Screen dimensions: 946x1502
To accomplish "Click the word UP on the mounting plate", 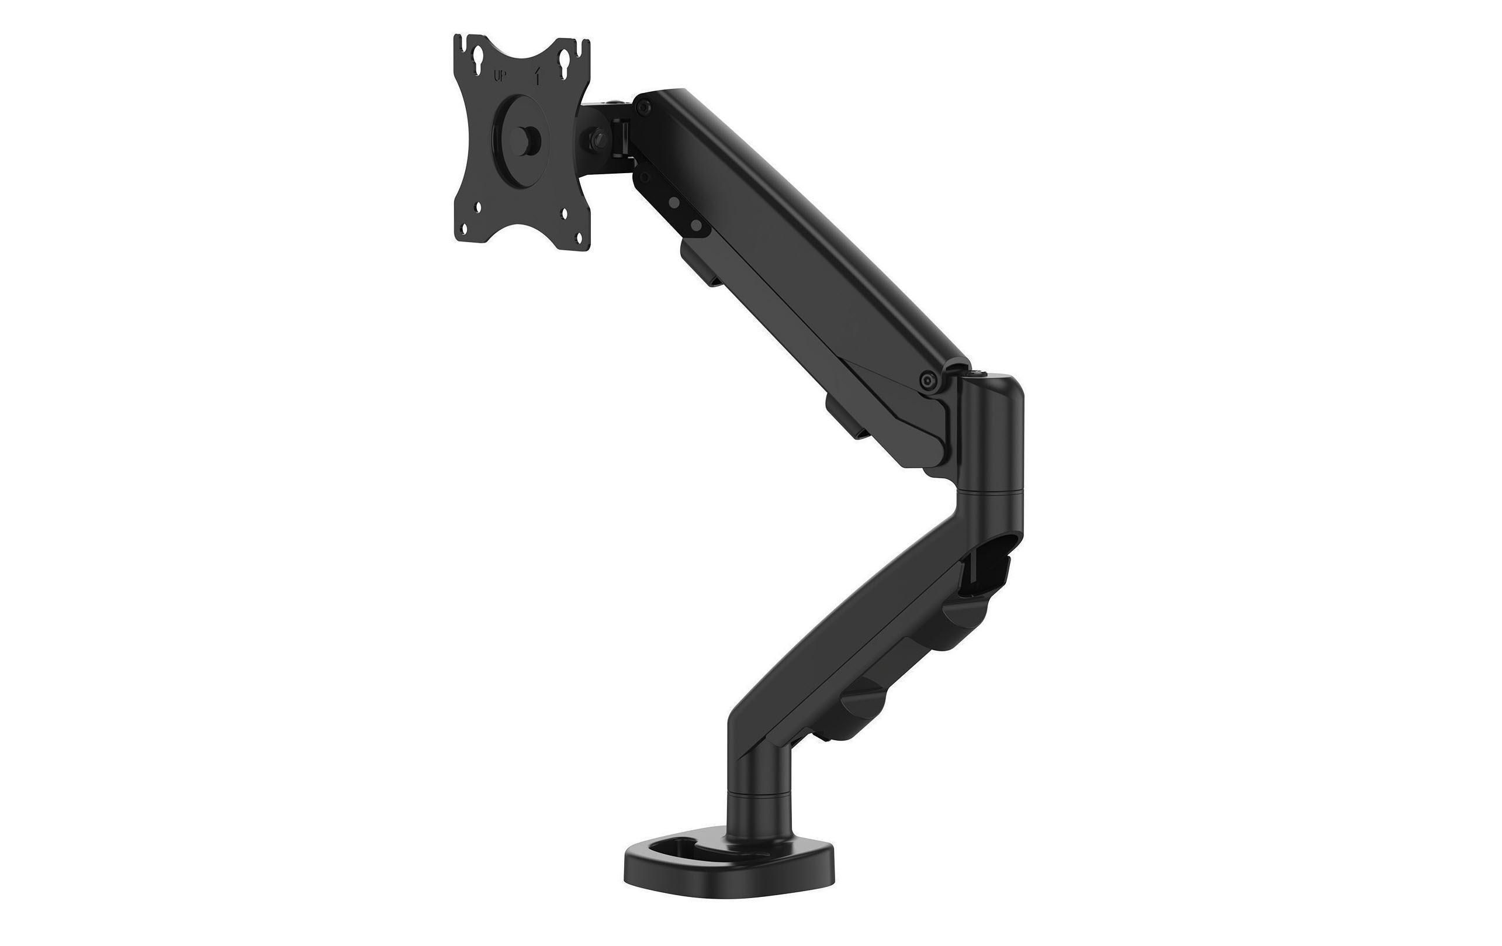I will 500,95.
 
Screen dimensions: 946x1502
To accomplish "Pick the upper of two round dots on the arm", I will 675,202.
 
